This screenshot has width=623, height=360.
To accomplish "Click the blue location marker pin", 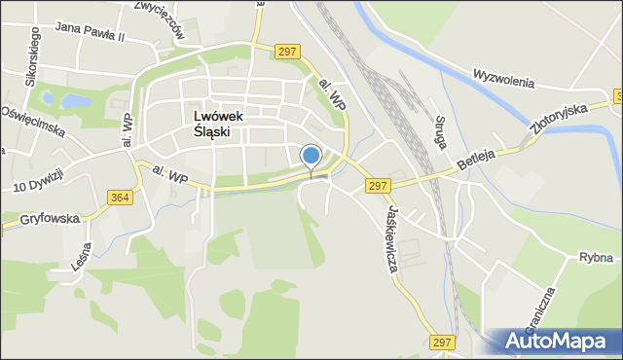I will tap(311, 156).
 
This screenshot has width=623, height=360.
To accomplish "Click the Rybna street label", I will tap(593, 258).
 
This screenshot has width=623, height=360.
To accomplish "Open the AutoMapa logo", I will tap(554, 342).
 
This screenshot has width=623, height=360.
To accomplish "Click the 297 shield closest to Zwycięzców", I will tap(286, 52).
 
